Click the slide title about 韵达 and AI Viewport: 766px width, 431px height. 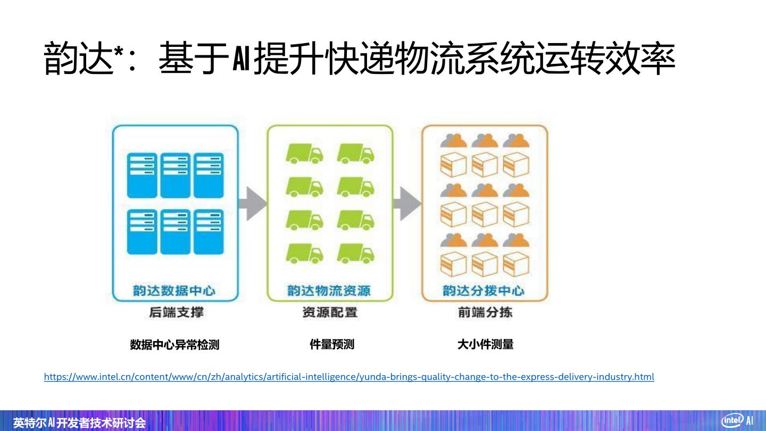click(x=359, y=59)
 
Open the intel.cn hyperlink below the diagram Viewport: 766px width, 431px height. click(x=348, y=377)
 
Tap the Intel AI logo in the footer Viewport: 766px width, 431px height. click(x=737, y=420)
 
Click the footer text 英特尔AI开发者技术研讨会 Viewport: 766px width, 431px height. click(x=79, y=423)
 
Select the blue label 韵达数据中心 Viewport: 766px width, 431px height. click(x=174, y=291)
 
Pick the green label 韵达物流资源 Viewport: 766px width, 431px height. click(x=329, y=291)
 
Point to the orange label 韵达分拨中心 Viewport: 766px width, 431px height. click(x=484, y=291)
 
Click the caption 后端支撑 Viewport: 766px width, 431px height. click(x=176, y=312)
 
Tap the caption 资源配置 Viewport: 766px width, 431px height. click(x=329, y=312)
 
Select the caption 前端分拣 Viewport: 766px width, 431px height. click(x=485, y=312)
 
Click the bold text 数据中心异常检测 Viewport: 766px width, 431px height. click(x=174, y=345)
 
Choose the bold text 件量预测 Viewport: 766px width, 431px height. click(x=332, y=344)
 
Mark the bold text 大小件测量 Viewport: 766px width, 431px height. click(x=485, y=344)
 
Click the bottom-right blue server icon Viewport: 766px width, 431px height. click(x=209, y=231)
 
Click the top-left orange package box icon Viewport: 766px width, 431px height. click(x=453, y=165)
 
